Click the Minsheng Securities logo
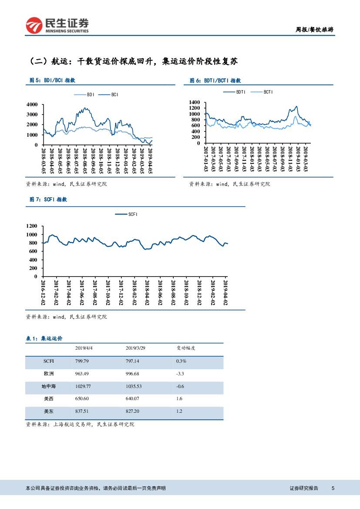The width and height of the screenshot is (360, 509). [x=57, y=25]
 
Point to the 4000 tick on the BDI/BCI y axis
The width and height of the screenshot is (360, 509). [x=32, y=104]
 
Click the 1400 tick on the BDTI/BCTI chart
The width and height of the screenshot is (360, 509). [x=195, y=102]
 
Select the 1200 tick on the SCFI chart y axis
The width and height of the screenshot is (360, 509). [x=32, y=226]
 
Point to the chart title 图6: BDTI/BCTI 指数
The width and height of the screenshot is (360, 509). [x=215, y=81]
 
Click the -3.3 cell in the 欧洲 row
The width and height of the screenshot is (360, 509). [x=180, y=374]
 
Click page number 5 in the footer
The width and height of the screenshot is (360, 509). [x=333, y=489]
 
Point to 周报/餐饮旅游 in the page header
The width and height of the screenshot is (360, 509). [x=314, y=30]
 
